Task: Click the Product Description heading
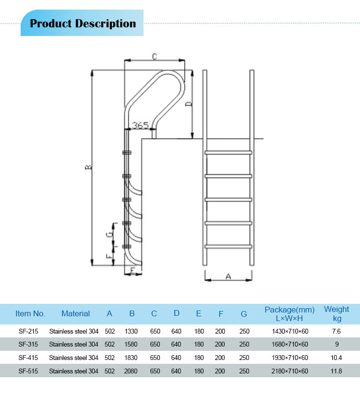83,24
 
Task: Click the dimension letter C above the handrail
155,57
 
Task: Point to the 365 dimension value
140,125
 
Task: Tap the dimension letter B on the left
88,168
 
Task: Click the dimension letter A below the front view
228,276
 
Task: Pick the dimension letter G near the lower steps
110,235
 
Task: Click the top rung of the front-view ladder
228,153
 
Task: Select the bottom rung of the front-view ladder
228,247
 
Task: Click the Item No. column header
30,314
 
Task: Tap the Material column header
75,314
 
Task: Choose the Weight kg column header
336,314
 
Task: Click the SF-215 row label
28,331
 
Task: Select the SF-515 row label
28,371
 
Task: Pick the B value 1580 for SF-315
132,344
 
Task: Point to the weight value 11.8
336,371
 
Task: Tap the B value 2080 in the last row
132,371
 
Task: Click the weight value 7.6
336,331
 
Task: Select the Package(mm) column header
289,314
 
